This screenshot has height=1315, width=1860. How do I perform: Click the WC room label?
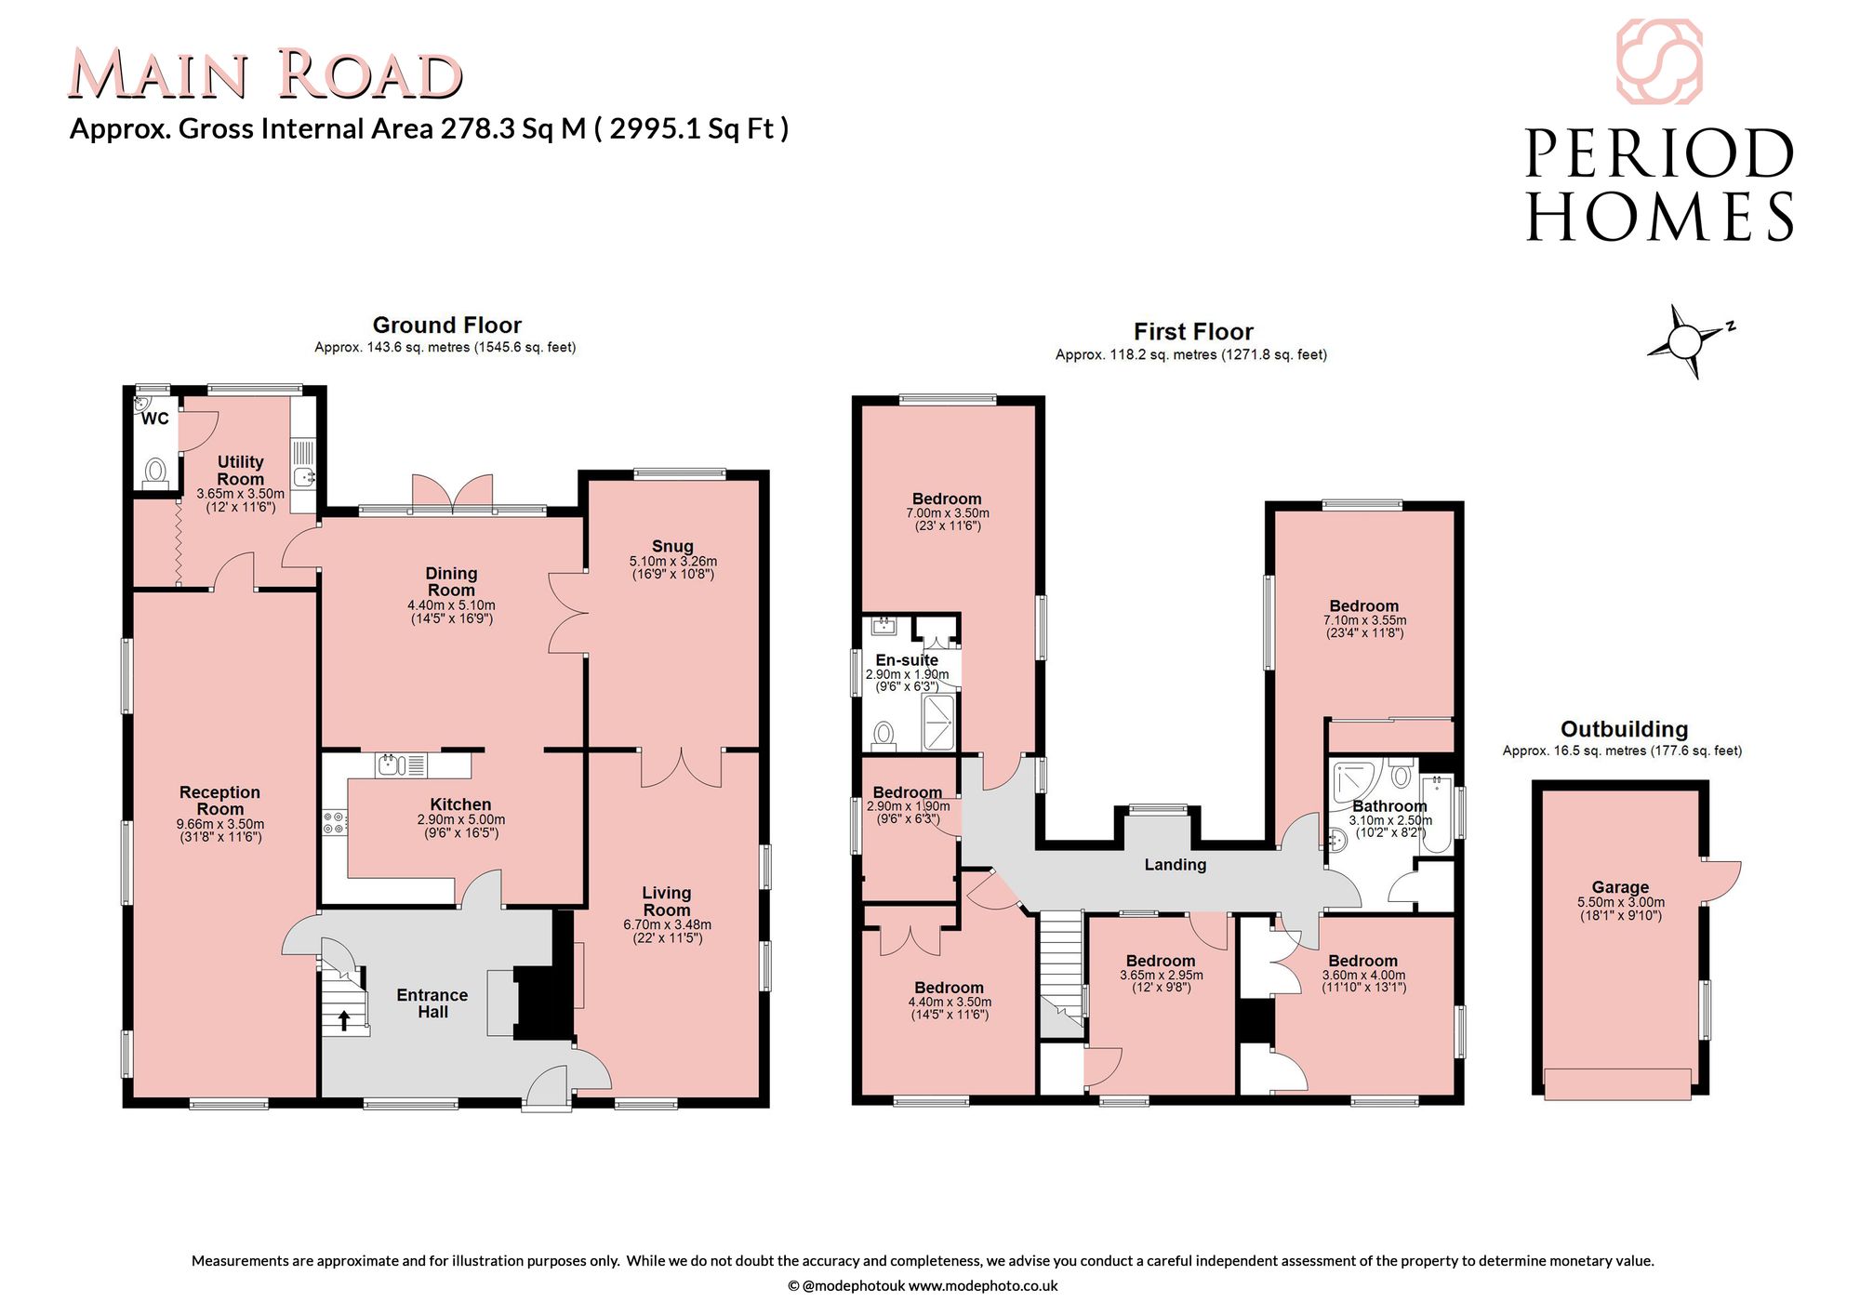(155, 418)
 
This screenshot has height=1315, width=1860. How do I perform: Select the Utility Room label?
(241, 471)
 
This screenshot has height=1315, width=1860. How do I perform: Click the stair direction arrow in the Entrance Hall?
(344, 1020)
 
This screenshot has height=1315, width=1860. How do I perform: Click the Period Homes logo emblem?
(1659, 61)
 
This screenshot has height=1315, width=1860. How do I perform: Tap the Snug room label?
(672, 547)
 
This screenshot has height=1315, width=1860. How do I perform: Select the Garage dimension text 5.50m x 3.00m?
(1621, 902)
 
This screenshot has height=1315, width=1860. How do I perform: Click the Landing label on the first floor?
(1176, 865)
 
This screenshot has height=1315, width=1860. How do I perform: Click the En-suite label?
(907, 660)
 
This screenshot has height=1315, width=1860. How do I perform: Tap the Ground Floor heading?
(447, 325)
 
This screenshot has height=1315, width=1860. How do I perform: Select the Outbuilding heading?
(1624, 729)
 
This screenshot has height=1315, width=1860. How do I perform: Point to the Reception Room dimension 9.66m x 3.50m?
(220, 824)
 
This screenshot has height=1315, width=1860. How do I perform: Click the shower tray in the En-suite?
(938, 722)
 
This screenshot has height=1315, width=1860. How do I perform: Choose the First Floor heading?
(1193, 332)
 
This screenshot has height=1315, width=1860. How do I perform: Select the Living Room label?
(667, 901)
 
